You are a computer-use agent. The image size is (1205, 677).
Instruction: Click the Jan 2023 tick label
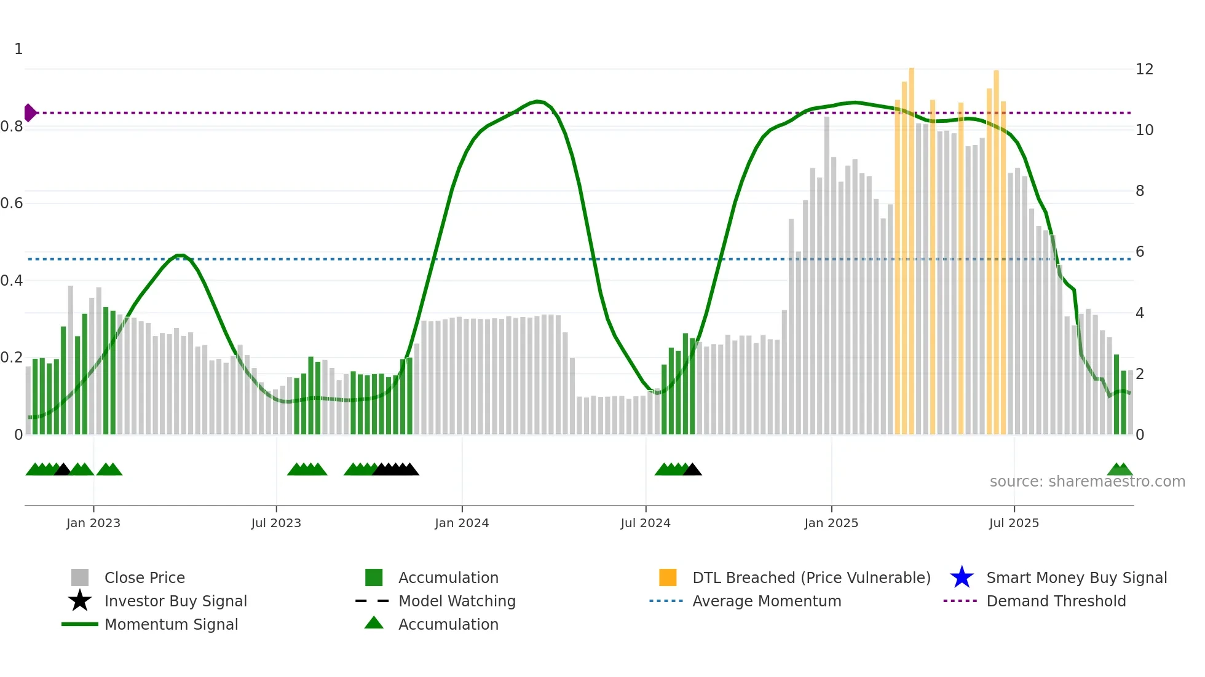pos(93,523)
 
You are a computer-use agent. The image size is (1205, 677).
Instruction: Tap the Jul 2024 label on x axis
pos(645,523)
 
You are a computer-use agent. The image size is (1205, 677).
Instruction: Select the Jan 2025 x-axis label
pos(831,523)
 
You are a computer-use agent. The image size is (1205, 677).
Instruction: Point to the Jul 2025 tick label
pos(1014,523)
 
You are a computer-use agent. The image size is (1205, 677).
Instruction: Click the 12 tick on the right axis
pos(1144,69)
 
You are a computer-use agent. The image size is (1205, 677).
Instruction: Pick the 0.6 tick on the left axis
pos(12,203)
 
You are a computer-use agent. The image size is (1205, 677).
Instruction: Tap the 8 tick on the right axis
pos(1140,191)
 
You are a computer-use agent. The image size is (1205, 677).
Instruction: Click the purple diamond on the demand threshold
pos(30,113)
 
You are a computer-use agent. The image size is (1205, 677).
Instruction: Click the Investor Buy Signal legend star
pos(80,601)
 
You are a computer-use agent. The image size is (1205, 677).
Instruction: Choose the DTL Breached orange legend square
pos(668,577)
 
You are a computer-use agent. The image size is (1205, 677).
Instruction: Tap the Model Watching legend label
pos(457,601)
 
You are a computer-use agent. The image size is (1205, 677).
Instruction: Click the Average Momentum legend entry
pos(766,601)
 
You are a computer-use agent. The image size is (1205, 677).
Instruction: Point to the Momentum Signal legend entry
pos(171,624)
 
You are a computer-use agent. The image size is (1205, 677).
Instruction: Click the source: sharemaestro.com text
pos(1087,482)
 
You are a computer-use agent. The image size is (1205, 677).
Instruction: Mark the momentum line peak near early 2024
pos(537,101)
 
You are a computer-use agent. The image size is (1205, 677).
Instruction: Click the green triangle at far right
pos(1120,470)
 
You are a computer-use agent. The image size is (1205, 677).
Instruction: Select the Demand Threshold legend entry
pos(1056,601)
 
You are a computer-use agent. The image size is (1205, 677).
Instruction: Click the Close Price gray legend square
pos(80,577)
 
